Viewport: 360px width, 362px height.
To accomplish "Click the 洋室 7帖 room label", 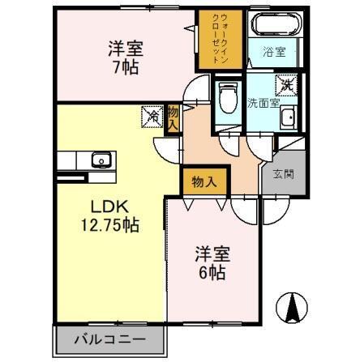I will click(x=124, y=57).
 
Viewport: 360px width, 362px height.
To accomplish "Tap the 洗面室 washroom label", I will click(x=262, y=103).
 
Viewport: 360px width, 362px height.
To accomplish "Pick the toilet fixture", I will click(x=226, y=96).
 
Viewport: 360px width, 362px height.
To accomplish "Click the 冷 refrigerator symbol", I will click(x=152, y=117).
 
